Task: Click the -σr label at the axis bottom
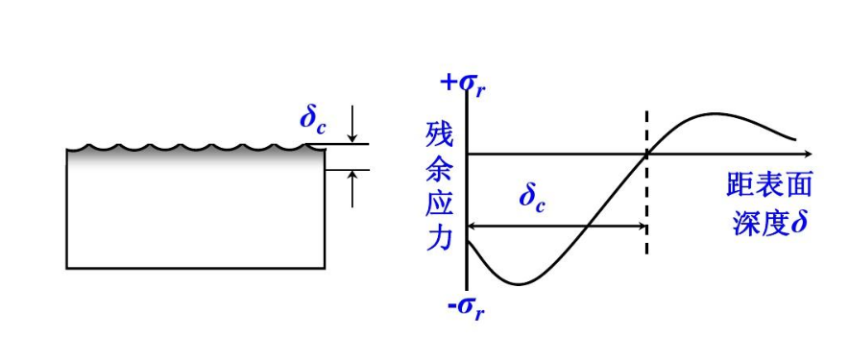pyautogui.click(x=466, y=310)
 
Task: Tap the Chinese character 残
pyautogui.click(x=439, y=133)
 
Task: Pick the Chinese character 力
pyautogui.click(x=439, y=238)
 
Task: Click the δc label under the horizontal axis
pyautogui.click(x=532, y=196)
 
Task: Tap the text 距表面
pyautogui.click(x=769, y=185)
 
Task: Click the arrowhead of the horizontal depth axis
pyautogui.click(x=809, y=155)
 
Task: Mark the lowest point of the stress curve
pyautogui.click(x=519, y=284)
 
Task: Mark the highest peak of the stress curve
pyautogui.click(x=715, y=113)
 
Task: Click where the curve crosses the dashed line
pyautogui.click(x=646, y=155)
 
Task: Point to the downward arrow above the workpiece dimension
pyautogui.click(x=352, y=125)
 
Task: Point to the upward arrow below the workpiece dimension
pyautogui.click(x=352, y=189)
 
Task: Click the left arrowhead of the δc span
pyautogui.click(x=472, y=226)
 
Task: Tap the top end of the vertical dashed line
pyautogui.click(x=646, y=112)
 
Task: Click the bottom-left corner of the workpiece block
pyautogui.click(x=67, y=268)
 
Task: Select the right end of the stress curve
pyautogui.click(x=796, y=139)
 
